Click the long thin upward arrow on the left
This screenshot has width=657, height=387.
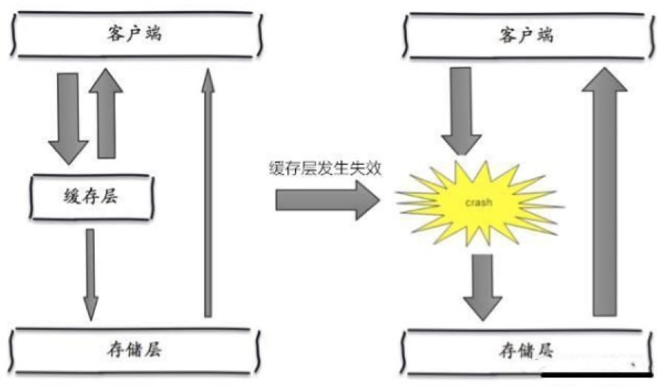(x=208, y=192)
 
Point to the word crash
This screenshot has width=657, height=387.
(x=477, y=202)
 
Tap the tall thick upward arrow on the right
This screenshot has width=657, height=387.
(x=604, y=192)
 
